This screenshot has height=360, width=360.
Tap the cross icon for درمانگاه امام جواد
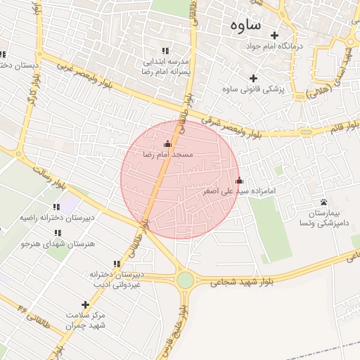pos(274,35)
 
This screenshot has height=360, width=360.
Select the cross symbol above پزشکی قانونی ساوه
pos(254,77)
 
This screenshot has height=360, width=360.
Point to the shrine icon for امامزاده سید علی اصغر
pos(239,180)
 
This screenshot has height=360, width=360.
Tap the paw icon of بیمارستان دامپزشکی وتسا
pos(323,202)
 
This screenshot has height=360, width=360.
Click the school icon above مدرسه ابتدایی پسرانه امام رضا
pos(165,51)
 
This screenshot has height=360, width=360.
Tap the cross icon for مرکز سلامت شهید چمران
pos(86,304)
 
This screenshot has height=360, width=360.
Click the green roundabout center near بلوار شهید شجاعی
pos(185,280)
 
